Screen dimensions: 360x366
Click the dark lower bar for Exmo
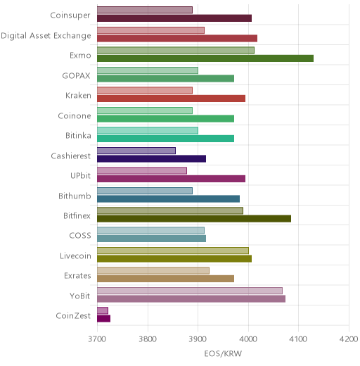205,58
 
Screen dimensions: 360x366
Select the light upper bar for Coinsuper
145,10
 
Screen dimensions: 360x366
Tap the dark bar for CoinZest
104,319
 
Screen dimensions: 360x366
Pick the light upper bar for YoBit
190,291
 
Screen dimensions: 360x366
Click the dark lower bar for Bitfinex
194,219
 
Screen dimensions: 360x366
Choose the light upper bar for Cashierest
136,151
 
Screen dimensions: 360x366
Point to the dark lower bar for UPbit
172,179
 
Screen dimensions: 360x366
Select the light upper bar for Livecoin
173,251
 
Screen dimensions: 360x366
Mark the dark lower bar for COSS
152,239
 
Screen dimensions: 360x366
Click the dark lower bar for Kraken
172,99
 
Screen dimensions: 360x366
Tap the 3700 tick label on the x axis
97,339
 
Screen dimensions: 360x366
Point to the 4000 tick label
248,339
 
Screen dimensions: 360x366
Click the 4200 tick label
349,339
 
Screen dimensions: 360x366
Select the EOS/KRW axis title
223,353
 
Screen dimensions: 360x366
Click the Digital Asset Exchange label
46,36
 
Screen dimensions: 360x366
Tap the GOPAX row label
76,75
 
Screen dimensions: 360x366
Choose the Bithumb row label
75,196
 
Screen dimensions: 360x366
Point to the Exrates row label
77,275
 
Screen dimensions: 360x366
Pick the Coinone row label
75,115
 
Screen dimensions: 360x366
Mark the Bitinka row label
78,135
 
